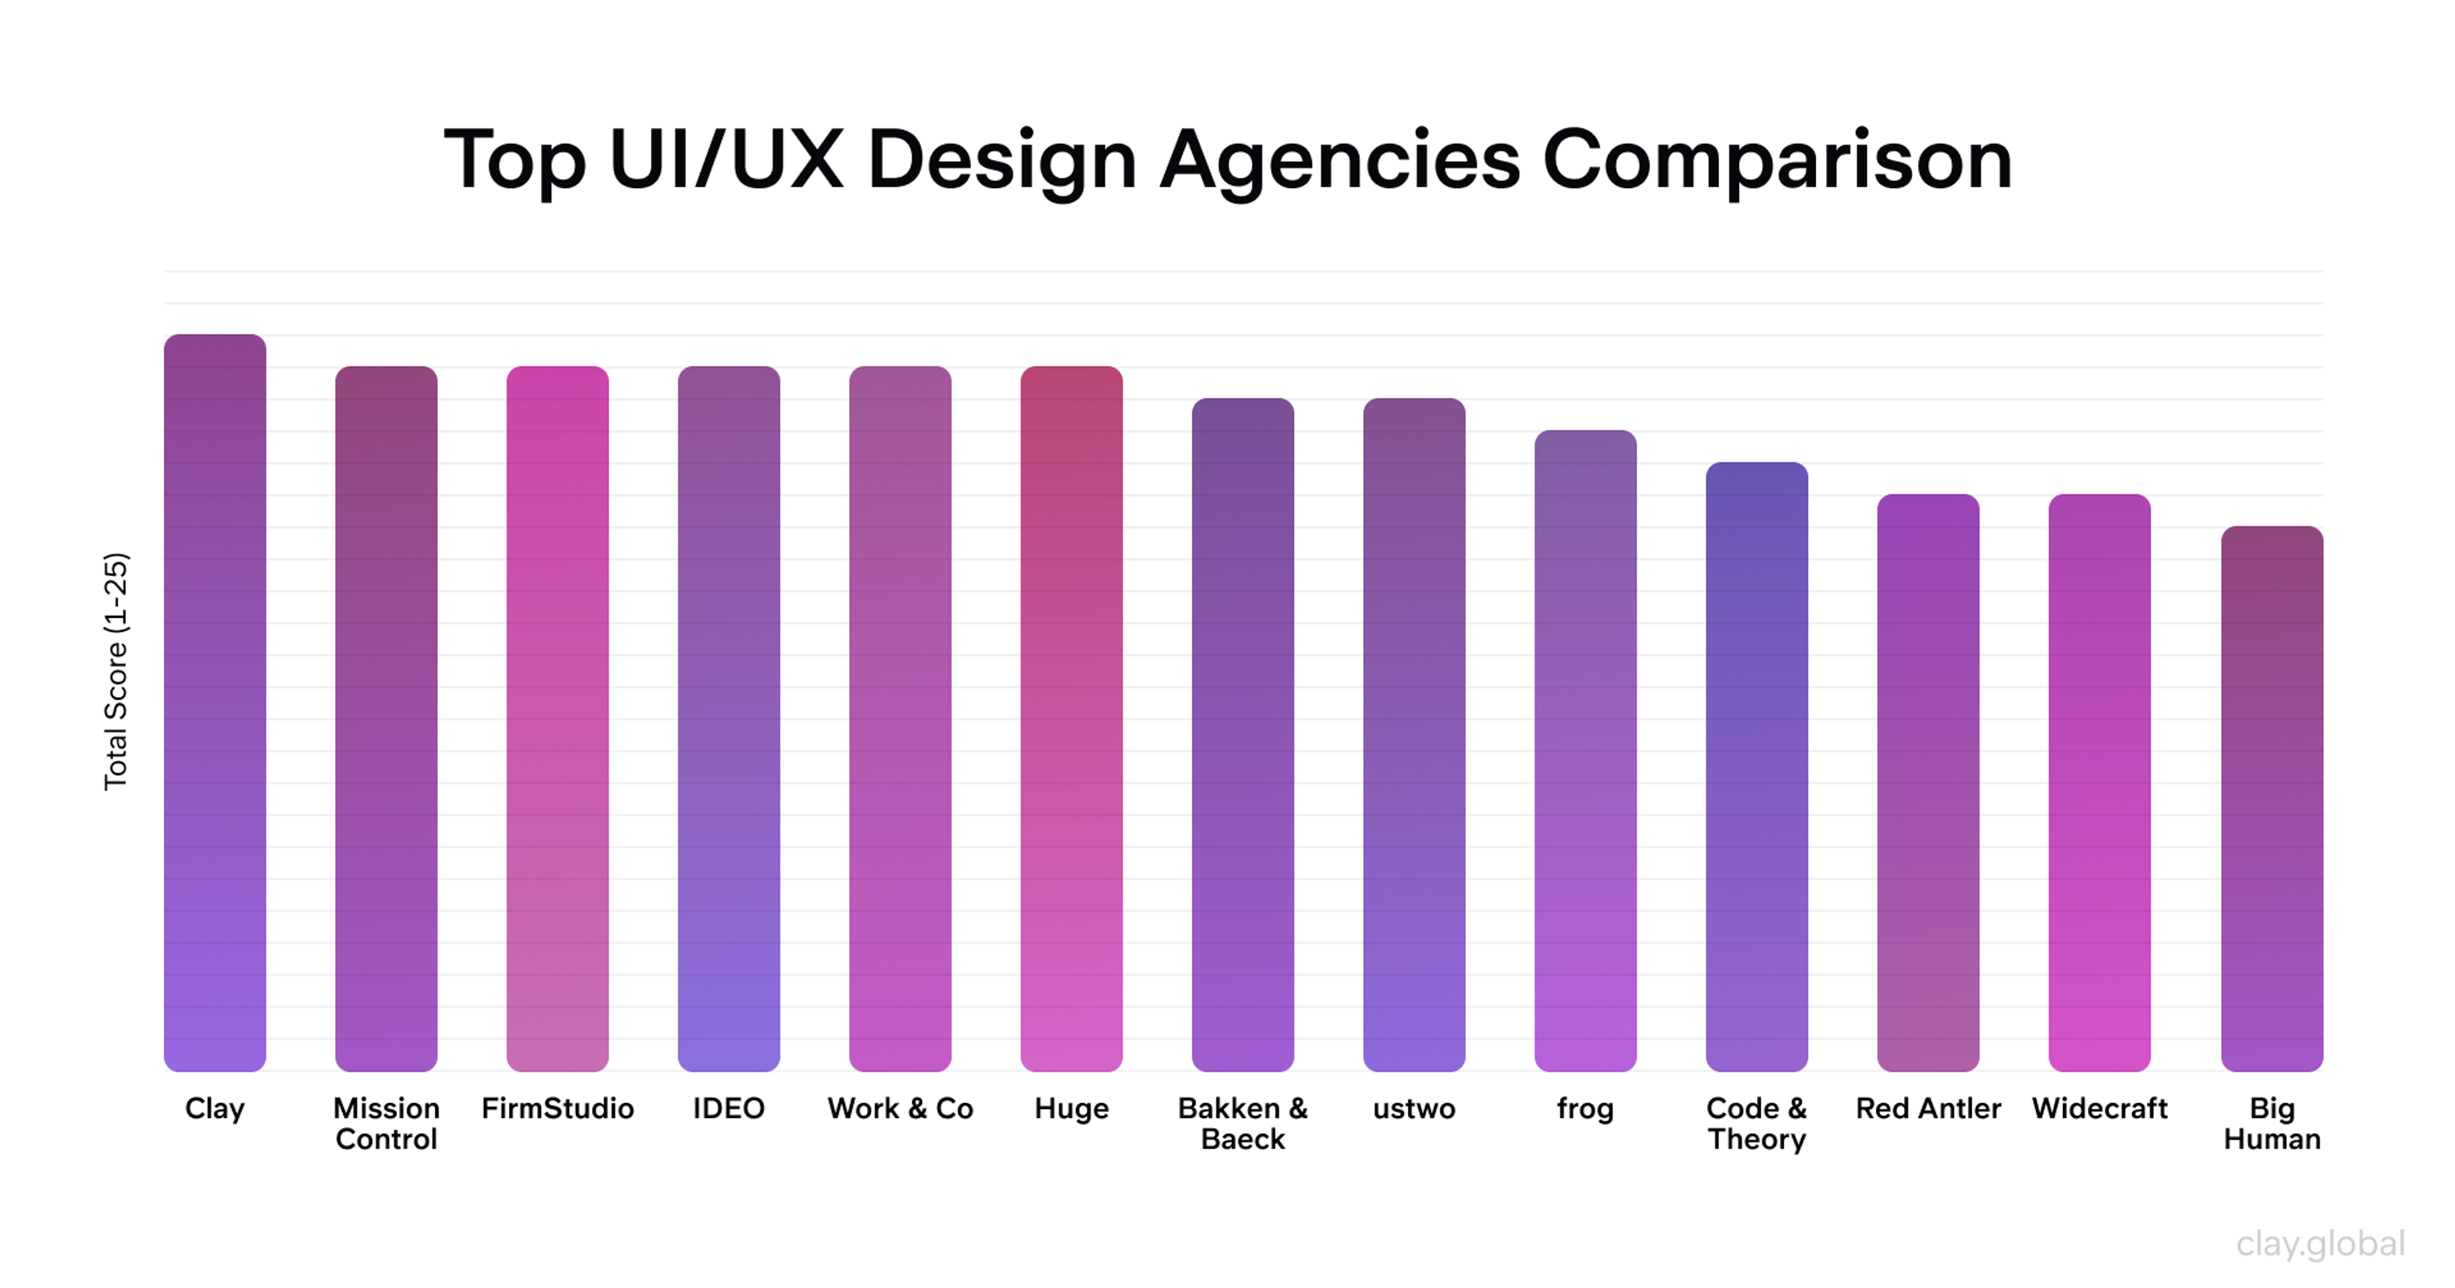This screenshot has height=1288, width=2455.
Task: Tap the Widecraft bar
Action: point(2100,783)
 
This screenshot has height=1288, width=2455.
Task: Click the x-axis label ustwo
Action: point(1414,1109)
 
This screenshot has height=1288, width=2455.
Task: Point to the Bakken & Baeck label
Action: point(1243,1123)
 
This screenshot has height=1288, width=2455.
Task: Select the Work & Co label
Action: point(901,1109)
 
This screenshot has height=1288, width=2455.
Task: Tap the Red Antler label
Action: point(1928,1109)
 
